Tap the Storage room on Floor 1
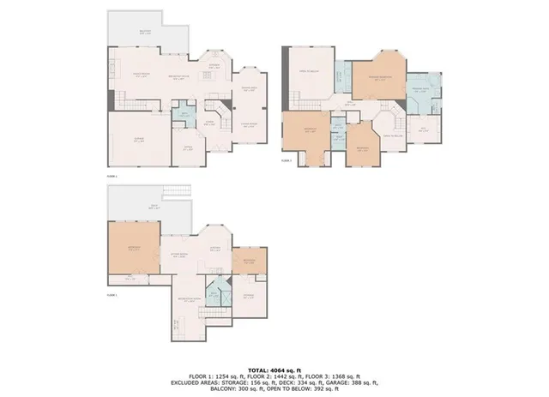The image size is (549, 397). (248, 295)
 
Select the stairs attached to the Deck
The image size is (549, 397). (177, 190)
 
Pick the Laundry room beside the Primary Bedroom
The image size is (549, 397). (340, 79)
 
